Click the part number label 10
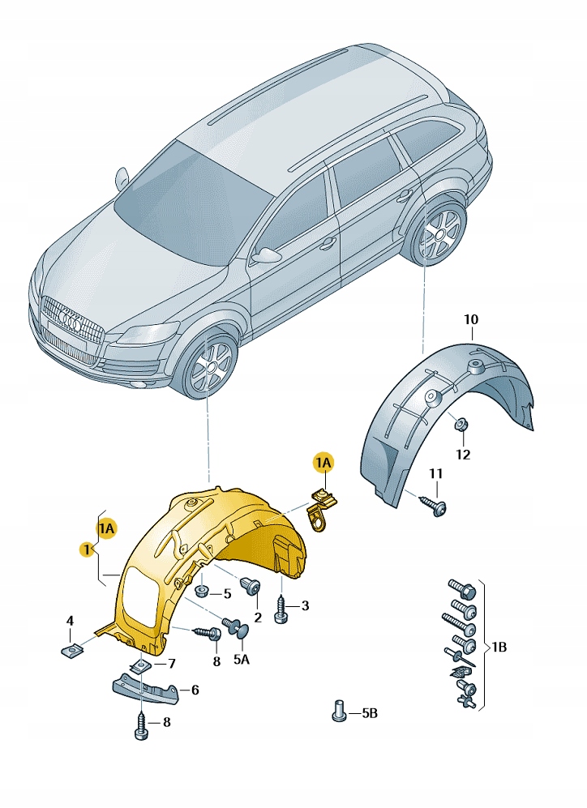[470, 319]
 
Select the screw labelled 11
[434, 504]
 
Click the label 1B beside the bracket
[499, 646]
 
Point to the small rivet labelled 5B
[338, 711]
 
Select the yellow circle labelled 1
[87, 550]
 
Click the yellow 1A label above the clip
[323, 464]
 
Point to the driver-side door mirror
[121, 178]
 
